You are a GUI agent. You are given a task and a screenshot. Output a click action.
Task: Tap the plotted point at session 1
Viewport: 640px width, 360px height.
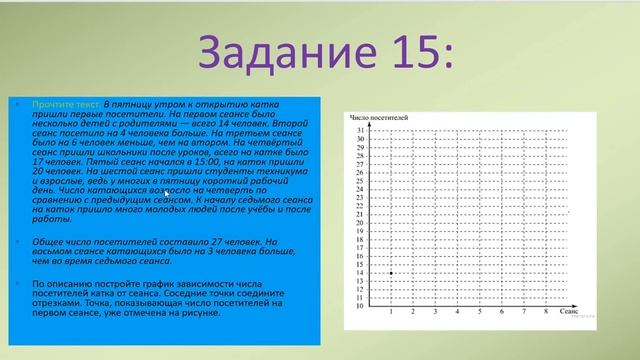(x=390, y=272)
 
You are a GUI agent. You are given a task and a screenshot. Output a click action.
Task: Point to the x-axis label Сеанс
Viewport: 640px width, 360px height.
(x=567, y=314)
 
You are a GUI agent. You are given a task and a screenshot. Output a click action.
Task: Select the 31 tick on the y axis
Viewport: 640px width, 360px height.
(x=359, y=131)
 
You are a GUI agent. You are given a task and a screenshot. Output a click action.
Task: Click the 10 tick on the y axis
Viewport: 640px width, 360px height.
(x=359, y=306)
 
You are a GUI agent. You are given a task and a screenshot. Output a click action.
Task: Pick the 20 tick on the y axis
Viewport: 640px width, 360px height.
(x=359, y=223)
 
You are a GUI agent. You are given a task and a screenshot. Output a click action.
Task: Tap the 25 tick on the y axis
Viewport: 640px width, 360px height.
(x=359, y=181)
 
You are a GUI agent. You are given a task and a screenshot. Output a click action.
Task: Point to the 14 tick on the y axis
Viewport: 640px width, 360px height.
(x=359, y=273)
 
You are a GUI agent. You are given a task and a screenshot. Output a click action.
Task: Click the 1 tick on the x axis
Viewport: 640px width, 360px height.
(x=390, y=314)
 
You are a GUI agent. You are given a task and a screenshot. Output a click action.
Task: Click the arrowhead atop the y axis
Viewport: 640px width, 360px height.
(x=367, y=121)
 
